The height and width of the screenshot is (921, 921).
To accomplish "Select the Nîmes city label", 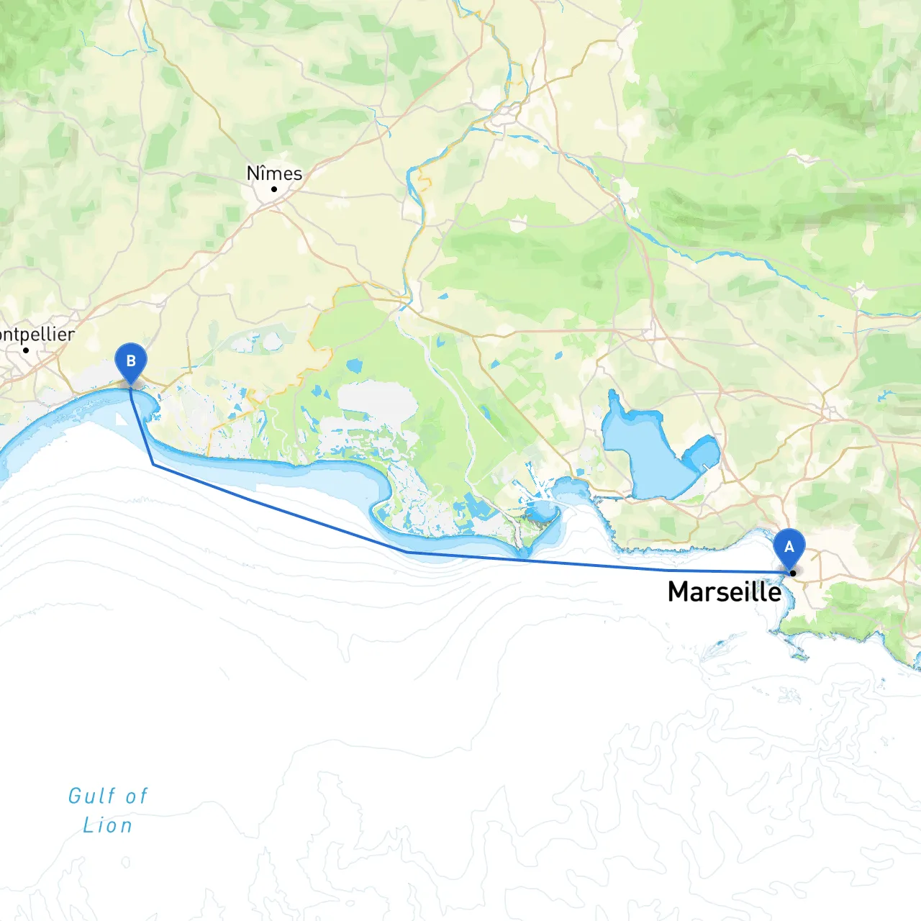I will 274,173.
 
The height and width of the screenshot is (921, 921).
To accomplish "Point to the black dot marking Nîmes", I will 274,189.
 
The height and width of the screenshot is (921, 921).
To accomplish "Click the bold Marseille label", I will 724,591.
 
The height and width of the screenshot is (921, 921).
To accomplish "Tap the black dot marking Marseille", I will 793,573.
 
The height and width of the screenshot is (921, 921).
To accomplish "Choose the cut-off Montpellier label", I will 37,335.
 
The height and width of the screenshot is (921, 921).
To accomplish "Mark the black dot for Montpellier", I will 26,350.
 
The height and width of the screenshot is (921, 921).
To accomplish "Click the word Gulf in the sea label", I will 91,796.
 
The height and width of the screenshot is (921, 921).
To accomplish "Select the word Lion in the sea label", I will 108,825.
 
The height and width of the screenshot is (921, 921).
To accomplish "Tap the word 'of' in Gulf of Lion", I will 137,796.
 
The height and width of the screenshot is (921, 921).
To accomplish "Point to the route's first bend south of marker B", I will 153,465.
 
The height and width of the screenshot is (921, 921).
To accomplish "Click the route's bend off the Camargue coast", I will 407,551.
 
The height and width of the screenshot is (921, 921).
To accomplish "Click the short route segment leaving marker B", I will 141,426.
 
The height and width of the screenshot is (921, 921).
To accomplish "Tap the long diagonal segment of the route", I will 281,508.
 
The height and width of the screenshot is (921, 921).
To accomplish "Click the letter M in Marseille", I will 679,591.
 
